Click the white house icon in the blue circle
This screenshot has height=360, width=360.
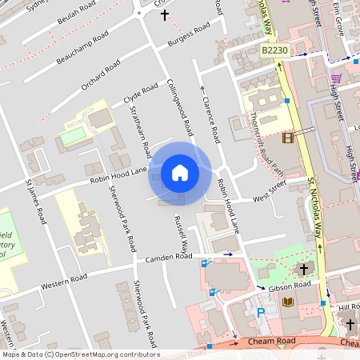click(179, 173)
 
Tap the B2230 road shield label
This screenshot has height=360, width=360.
click(274, 50)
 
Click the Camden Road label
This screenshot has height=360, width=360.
click(169, 258)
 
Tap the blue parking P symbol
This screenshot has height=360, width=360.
click(260, 313)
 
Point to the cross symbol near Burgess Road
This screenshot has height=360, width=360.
click(166, 14)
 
